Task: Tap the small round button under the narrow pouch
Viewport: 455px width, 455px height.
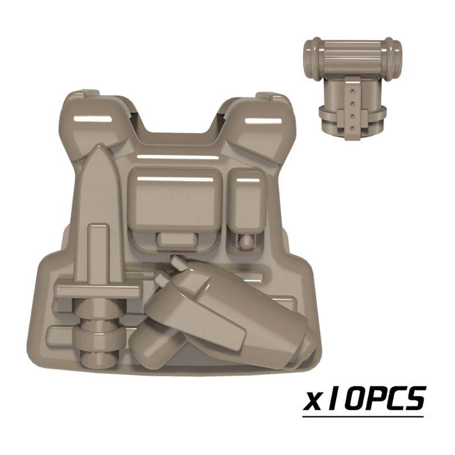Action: (x=247, y=241)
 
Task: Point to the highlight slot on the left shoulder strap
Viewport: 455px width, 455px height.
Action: (x=93, y=119)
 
